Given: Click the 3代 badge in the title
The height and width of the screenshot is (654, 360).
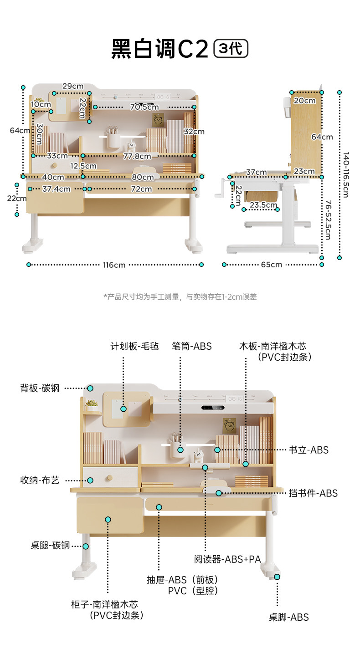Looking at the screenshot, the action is (x=231, y=49).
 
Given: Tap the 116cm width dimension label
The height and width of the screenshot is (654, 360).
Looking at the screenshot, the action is (x=114, y=265).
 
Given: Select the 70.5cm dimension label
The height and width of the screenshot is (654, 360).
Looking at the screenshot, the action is (x=144, y=107).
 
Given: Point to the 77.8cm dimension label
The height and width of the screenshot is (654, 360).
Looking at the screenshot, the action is (x=137, y=156).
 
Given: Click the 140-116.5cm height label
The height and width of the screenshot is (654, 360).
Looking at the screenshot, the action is (x=346, y=175).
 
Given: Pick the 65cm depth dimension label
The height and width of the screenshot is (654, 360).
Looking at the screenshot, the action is (x=271, y=265).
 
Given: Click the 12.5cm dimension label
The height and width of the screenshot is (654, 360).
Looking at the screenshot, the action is (x=83, y=166).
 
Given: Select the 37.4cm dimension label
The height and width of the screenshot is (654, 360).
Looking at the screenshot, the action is (x=56, y=189).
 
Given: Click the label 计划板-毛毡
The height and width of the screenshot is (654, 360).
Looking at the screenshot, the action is (x=134, y=347).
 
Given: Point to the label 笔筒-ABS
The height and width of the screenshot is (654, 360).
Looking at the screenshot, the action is (x=191, y=347).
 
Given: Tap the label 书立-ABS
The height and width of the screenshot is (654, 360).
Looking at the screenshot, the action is (x=309, y=450).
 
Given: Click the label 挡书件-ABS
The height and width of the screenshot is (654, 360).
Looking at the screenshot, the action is (x=313, y=493).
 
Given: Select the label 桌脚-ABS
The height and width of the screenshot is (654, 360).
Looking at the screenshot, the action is (x=288, y=618).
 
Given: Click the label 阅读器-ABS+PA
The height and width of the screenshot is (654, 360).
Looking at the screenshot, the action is (x=227, y=559).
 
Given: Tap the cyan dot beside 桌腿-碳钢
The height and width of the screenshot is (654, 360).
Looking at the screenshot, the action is (x=85, y=546).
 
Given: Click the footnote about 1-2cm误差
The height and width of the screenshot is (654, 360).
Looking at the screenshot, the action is (x=180, y=297).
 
